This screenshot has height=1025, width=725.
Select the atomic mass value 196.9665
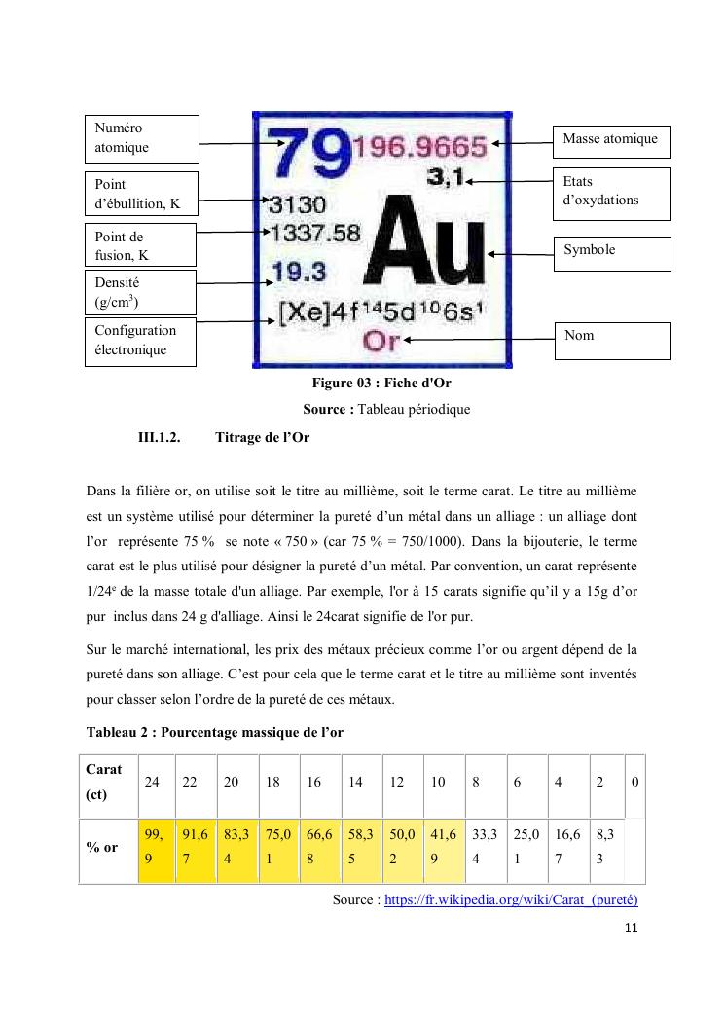pyautogui.click(x=419, y=148)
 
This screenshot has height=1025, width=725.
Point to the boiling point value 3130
pyautogui.click(x=297, y=205)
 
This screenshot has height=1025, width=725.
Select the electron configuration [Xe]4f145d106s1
pyautogui.click(x=381, y=314)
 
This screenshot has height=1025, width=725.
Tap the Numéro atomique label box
pyautogui.click(x=142, y=138)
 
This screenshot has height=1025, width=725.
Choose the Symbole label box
pyautogui.click(x=611, y=253)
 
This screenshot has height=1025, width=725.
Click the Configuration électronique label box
pyautogui.click(x=140, y=341)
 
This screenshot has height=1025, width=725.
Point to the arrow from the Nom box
pyautogui.click(x=477, y=340)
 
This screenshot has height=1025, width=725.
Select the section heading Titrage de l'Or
pyautogui.click(x=262, y=437)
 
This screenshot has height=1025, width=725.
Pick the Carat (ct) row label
pyautogui.click(x=105, y=782)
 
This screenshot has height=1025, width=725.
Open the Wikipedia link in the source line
pyautogui.click(x=511, y=899)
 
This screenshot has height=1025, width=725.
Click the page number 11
pyautogui.click(x=631, y=928)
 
